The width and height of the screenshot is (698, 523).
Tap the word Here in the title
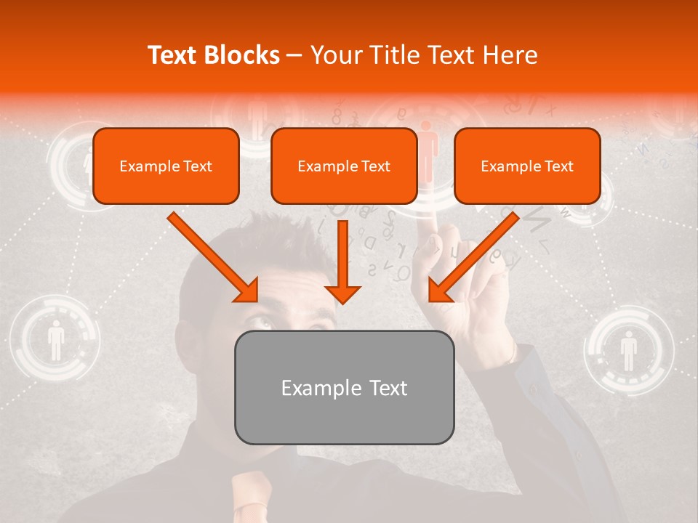coord(510,55)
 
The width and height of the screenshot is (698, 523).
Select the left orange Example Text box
coord(166,166)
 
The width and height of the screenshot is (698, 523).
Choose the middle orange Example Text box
coord(344,166)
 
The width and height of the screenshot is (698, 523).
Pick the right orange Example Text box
coord(527,166)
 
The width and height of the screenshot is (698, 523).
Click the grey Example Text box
coord(344,387)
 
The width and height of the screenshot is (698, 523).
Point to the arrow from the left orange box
coord(215,259)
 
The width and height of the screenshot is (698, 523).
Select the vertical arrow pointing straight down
coord(342,261)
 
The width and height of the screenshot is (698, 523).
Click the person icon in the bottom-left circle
coord(56,341)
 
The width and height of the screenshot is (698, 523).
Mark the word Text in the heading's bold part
coord(174,55)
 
